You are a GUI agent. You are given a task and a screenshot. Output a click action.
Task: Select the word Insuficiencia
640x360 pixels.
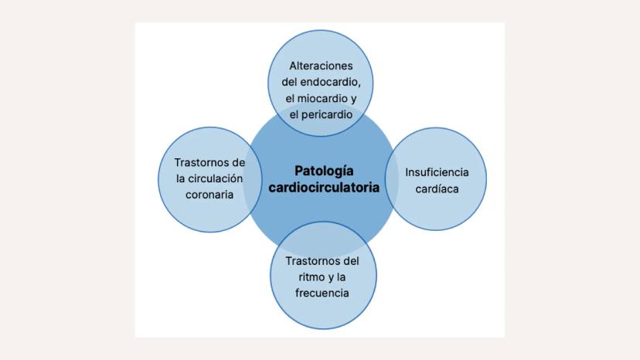(437, 172)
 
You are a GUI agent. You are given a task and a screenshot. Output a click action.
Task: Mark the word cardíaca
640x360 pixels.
(437, 188)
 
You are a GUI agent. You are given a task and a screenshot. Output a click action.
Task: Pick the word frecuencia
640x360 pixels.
(322, 293)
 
